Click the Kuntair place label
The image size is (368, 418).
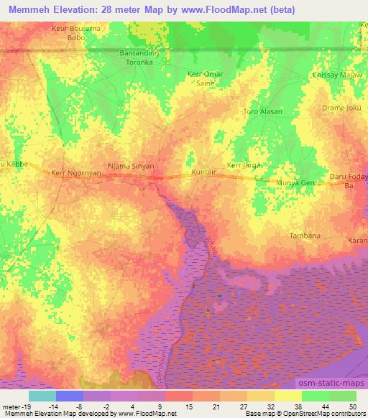205,173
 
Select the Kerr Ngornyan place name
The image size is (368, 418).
75,173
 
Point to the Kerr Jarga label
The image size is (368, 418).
244,165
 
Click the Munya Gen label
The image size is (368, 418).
297,184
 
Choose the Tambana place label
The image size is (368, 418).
305,235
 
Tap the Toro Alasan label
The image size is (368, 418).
263,111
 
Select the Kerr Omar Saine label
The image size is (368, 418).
206,79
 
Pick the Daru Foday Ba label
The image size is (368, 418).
349,180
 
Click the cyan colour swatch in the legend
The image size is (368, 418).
42,396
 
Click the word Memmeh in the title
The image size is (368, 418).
29,9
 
